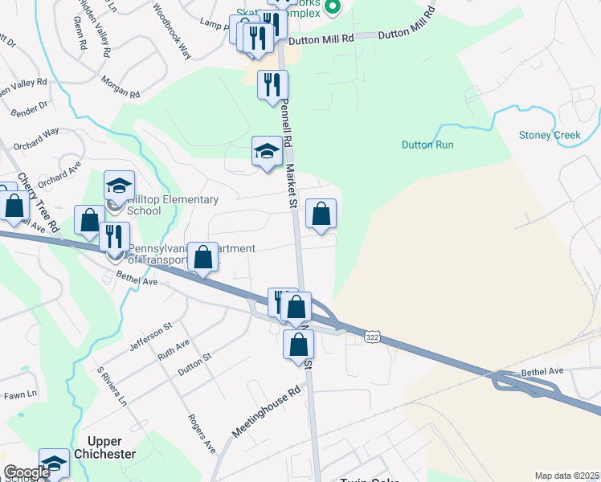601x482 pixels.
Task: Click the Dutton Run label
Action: tap(428, 145)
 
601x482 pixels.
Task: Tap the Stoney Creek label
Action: tap(550, 135)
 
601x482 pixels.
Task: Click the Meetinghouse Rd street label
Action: tap(266, 410)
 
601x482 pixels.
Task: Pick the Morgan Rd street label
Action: tap(121, 87)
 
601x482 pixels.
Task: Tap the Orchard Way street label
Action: tap(40, 134)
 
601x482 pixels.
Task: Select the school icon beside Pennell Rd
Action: tap(267, 152)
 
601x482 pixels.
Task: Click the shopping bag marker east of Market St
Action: tap(321, 214)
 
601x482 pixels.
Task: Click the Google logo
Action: tap(27, 472)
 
